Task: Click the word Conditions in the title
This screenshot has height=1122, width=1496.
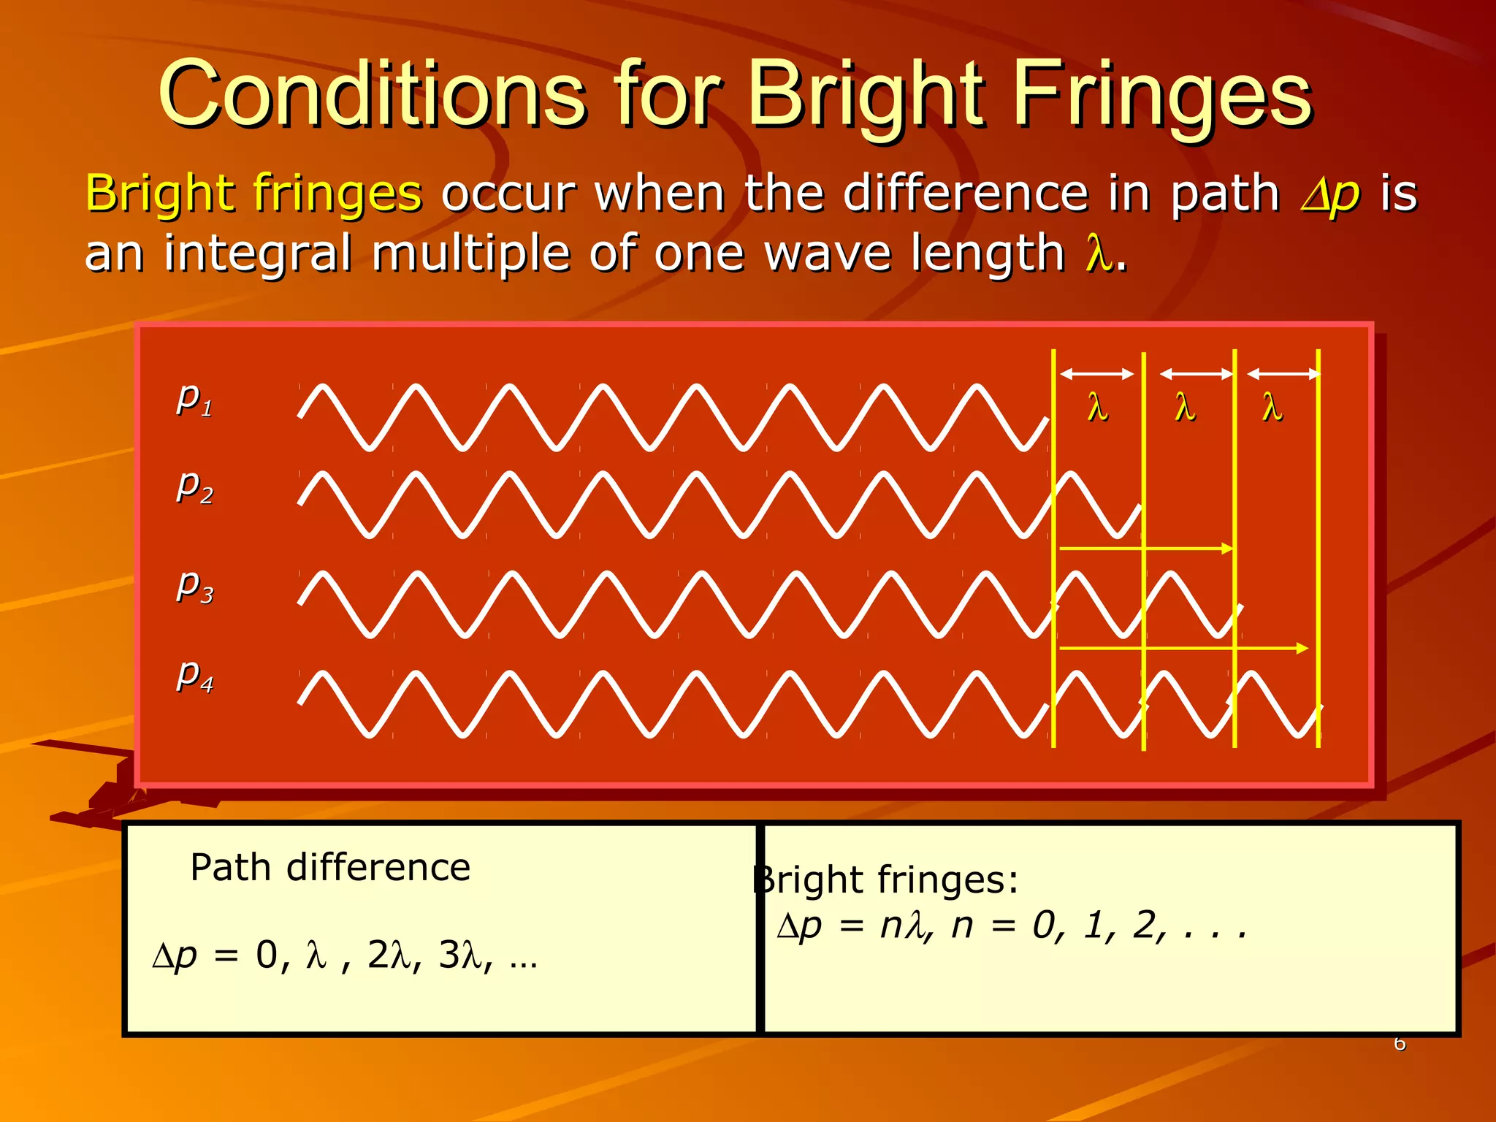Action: point(373,95)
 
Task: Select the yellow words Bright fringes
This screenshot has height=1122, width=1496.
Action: point(253,194)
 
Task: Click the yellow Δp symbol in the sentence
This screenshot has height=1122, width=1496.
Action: point(1329,194)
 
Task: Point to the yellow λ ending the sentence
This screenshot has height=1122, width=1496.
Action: point(1098,254)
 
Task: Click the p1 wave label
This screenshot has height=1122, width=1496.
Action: point(194,399)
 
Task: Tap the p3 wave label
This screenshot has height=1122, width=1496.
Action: point(194,586)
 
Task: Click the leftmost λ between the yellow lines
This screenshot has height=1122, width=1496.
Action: point(1097,408)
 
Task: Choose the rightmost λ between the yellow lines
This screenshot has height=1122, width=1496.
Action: point(1272,408)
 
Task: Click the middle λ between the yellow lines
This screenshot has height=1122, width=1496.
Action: point(1185,408)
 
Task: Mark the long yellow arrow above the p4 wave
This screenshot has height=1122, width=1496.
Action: point(1183,648)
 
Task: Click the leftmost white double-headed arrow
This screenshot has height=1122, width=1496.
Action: point(1096,374)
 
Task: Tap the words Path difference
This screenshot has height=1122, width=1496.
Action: point(330,868)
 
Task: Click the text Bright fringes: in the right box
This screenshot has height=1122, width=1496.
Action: point(885,879)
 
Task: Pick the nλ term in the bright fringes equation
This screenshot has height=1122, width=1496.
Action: point(902,926)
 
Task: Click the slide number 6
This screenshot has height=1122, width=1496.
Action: point(1400,1043)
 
